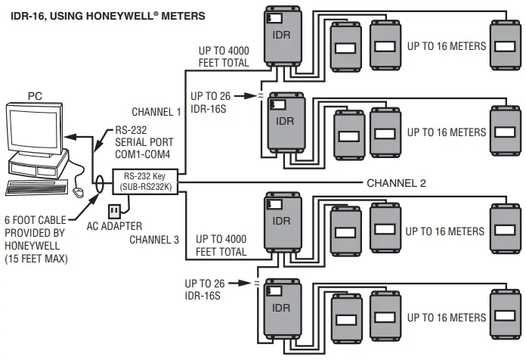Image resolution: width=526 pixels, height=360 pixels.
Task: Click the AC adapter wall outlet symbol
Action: (x=114, y=209)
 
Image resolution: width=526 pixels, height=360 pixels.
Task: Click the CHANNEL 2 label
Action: (x=396, y=183)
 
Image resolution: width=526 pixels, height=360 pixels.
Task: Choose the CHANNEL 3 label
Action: (x=155, y=240)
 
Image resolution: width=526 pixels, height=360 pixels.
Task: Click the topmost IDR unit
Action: (x=282, y=37)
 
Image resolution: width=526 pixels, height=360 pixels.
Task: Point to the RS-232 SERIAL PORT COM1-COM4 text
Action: (x=144, y=141)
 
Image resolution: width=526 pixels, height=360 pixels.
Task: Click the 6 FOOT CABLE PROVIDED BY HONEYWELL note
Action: (x=36, y=239)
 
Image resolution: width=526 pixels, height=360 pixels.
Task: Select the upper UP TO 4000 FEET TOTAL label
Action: (x=223, y=57)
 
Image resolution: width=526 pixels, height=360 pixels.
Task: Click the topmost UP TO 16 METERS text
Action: (x=446, y=47)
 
